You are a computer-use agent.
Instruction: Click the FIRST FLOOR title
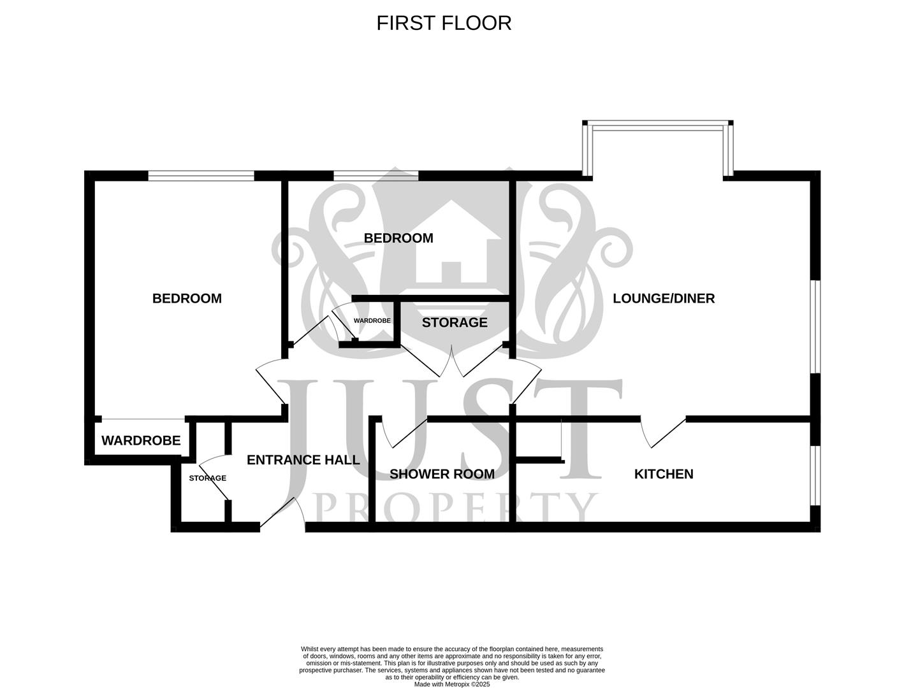[x=444, y=23]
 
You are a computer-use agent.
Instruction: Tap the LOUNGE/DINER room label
[x=664, y=298]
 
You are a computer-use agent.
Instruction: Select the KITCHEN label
[x=664, y=474]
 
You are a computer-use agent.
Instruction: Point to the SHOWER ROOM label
[x=442, y=474]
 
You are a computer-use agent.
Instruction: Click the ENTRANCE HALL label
[x=303, y=460]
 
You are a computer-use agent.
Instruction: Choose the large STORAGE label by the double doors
[x=455, y=322]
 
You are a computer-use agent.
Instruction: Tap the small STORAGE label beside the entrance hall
[x=207, y=478]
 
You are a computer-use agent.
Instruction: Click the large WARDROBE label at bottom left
[x=141, y=441]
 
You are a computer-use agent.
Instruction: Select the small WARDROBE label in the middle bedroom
[x=372, y=321]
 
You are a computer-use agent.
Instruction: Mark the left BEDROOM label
[x=187, y=298]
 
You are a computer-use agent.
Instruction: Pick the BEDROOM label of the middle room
[x=398, y=238]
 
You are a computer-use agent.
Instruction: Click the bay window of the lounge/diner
[x=658, y=126]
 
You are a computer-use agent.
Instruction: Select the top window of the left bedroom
[x=201, y=176]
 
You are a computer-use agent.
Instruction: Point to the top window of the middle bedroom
[x=375, y=176]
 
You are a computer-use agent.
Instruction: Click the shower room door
[x=405, y=433]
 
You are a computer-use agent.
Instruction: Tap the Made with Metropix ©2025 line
[x=452, y=684]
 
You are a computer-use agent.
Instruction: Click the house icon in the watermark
[x=451, y=245]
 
